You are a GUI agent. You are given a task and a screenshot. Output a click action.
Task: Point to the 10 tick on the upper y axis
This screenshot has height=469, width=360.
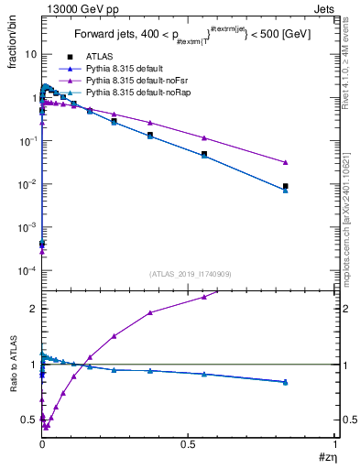pos(28,54)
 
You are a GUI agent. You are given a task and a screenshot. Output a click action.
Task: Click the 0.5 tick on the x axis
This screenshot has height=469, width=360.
pos(188,443)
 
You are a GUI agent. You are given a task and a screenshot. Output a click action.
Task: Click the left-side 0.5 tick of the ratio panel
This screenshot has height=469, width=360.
pos(28,420)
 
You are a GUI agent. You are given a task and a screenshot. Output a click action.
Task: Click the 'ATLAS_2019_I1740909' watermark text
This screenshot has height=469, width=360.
pos(190,274)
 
